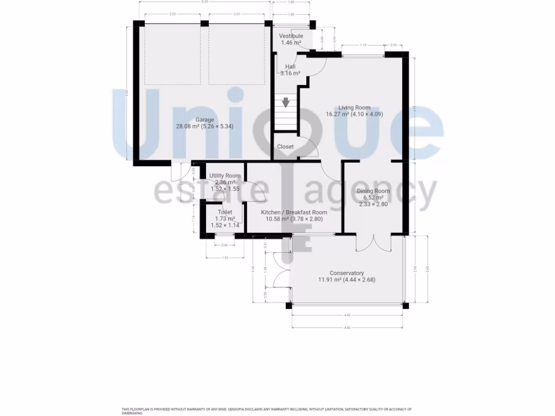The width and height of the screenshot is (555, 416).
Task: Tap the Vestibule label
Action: pyautogui.click(x=291, y=36)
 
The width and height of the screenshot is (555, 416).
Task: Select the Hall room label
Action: pyautogui.click(x=291, y=67)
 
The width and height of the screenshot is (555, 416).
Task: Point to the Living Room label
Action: pyautogui.click(x=354, y=107)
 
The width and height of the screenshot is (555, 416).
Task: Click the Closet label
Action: pyautogui.click(x=285, y=147)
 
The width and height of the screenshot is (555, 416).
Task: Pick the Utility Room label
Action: pyautogui.click(x=225, y=176)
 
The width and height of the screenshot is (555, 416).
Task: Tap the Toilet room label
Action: pyautogui.click(x=225, y=212)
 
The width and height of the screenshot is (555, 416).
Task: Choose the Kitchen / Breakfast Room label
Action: pyautogui.click(x=294, y=212)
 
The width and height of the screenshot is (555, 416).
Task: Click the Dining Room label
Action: pyautogui.click(x=373, y=191)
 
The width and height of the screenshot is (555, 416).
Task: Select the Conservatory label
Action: pyautogui.click(x=347, y=273)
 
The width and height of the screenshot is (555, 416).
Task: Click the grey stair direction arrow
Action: pyautogui.click(x=286, y=101)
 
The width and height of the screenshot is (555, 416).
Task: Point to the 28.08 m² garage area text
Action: pyautogui.click(x=188, y=126)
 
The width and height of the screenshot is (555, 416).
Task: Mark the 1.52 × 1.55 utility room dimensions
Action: pyautogui.click(x=225, y=189)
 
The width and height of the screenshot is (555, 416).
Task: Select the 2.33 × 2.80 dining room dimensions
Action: pyautogui.click(x=373, y=204)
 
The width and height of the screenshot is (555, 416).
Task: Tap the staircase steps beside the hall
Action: pyautogui.click(x=285, y=116)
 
